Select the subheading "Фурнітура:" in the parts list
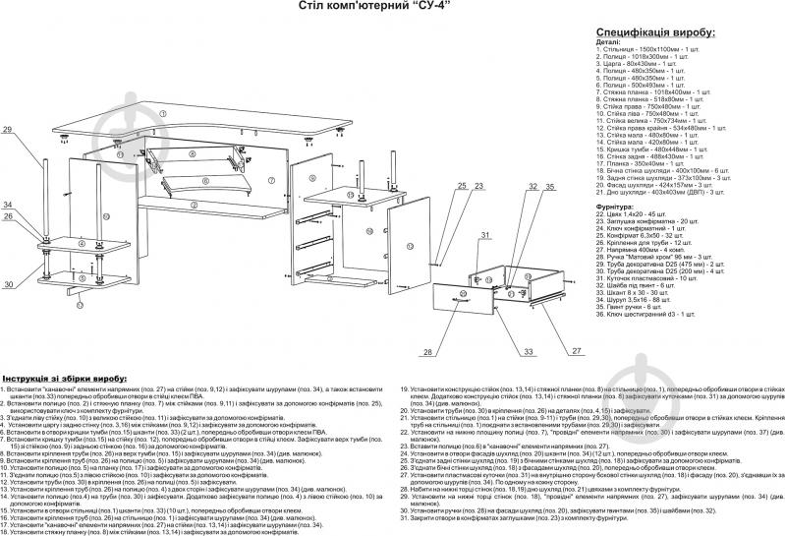click(x=621, y=208)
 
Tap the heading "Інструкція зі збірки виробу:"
click(x=65, y=379)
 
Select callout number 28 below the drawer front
click(x=428, y=350)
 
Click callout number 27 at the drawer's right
click(x=578, y=350)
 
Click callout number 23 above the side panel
click(x=480, y=186)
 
